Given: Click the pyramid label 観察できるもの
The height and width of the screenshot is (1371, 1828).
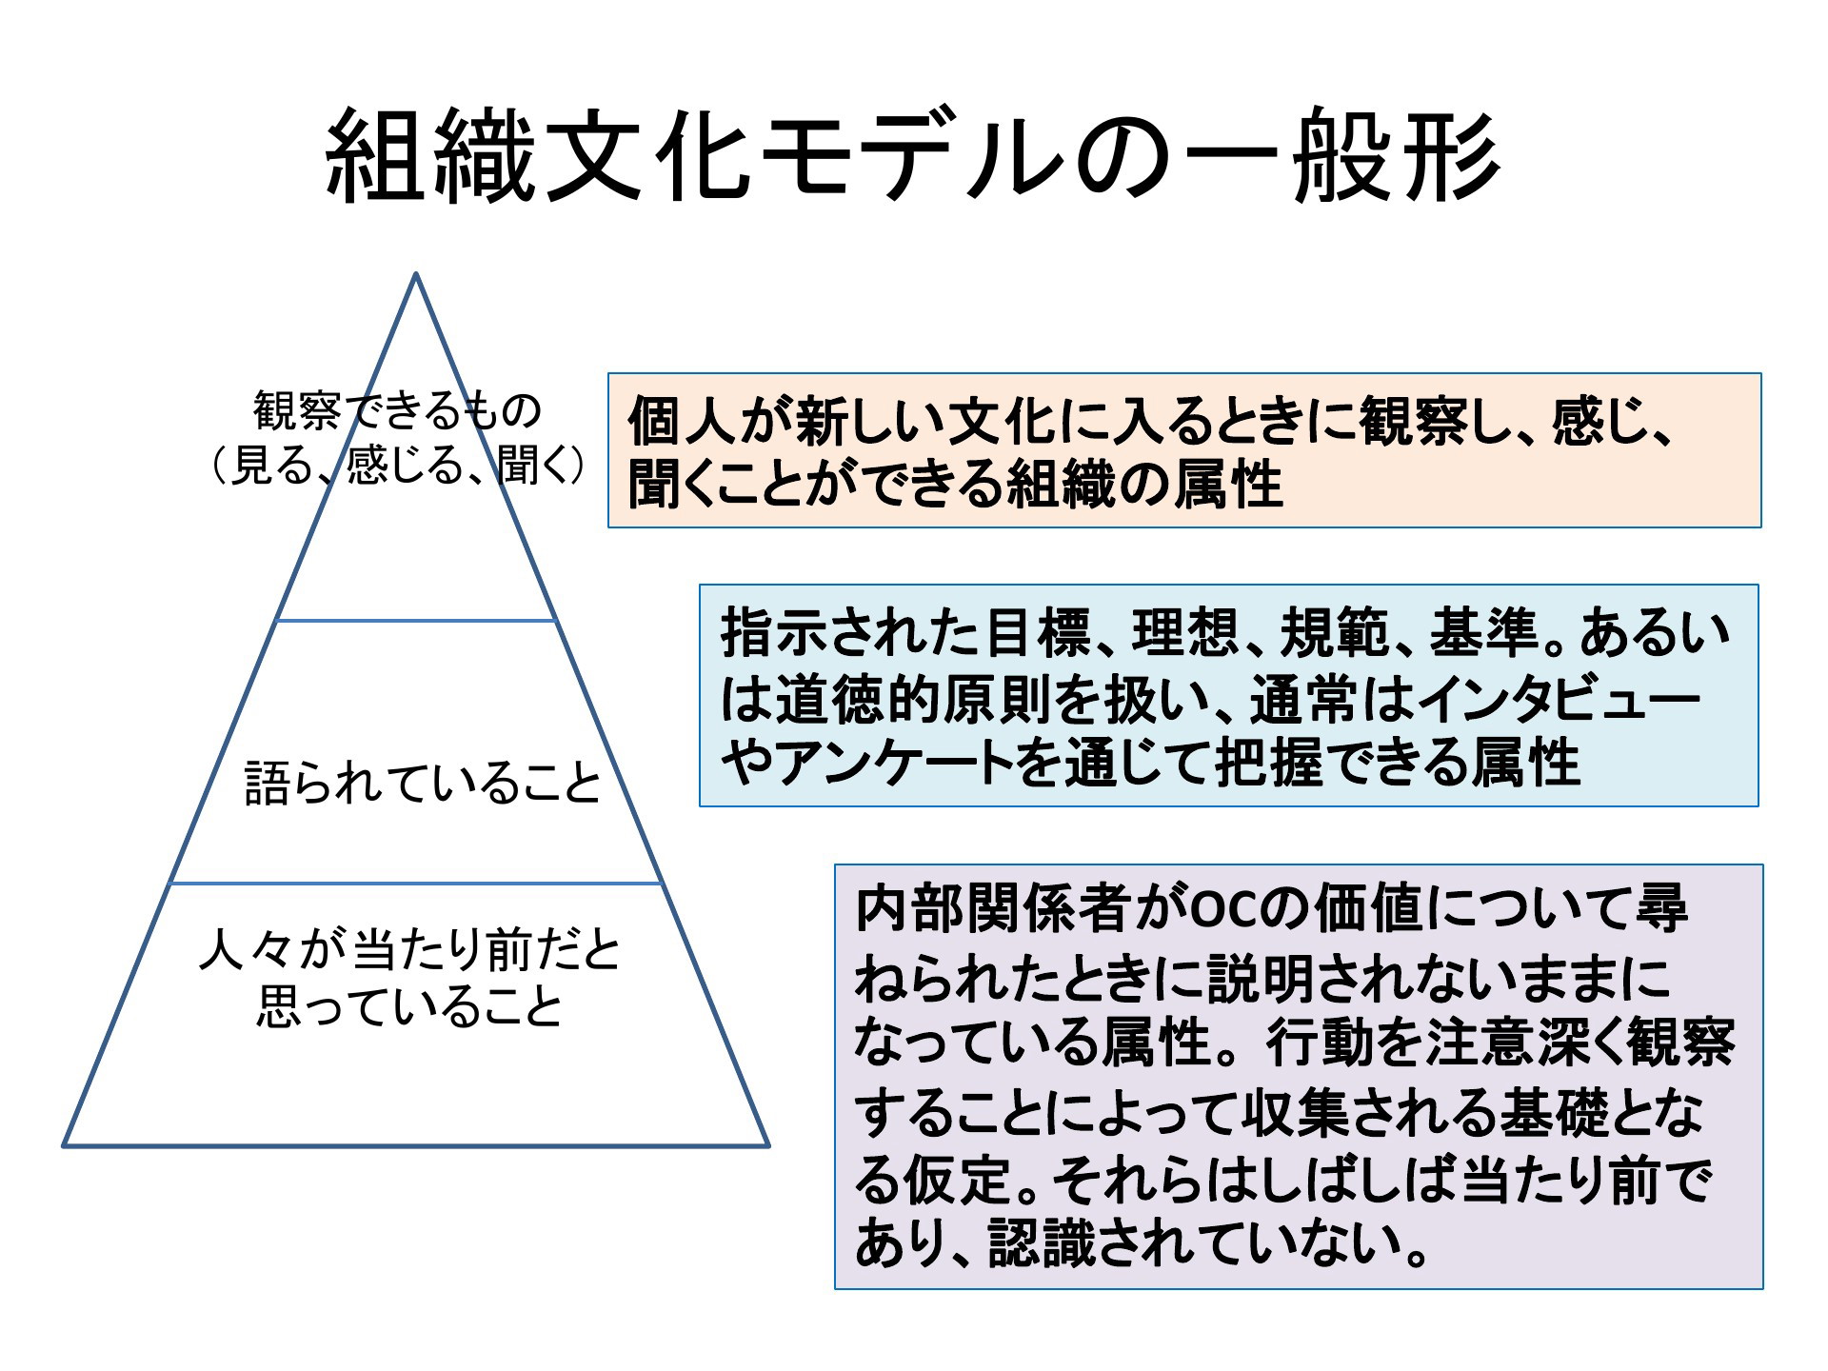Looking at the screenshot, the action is (x=397, y=410).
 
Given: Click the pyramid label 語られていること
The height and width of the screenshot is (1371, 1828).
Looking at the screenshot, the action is (x=423, y=784).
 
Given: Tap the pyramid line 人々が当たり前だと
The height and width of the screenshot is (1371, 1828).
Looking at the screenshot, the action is (x=410, y=950).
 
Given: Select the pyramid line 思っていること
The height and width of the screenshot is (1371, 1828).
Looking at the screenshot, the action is (x=410, y=1005).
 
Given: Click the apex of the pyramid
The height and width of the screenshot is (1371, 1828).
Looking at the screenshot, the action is (x=416, y=273).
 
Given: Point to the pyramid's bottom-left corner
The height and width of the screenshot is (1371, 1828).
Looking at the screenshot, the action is (x=65, y=1144).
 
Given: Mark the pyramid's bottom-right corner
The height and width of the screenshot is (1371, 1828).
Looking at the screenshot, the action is (x=767, y=1144).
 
